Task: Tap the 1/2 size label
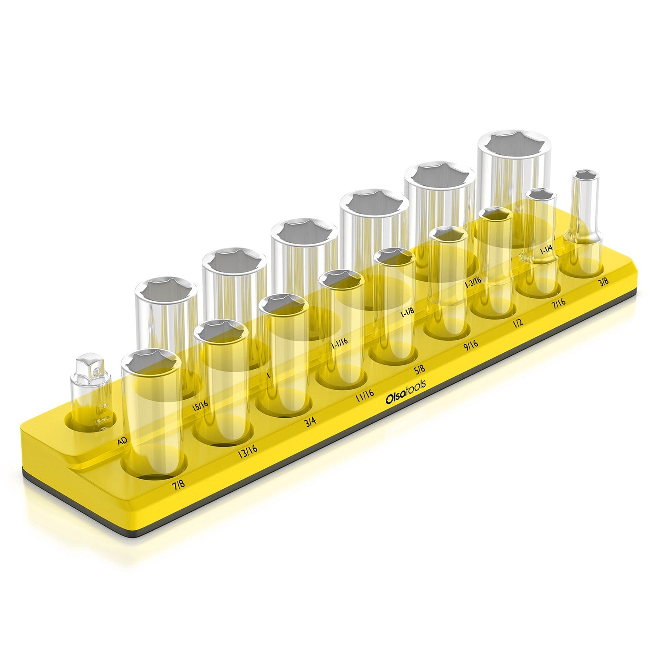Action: pyautogui.click(x=518, y=322)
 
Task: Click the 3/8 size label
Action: pyautogui.click(x=603, y=282)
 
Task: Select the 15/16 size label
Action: pyautogui.click(x=200, y=405)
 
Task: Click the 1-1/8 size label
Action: pyautogui.click(x=406, y=313)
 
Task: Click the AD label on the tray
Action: pyautogui.click(x=123, y=442)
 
